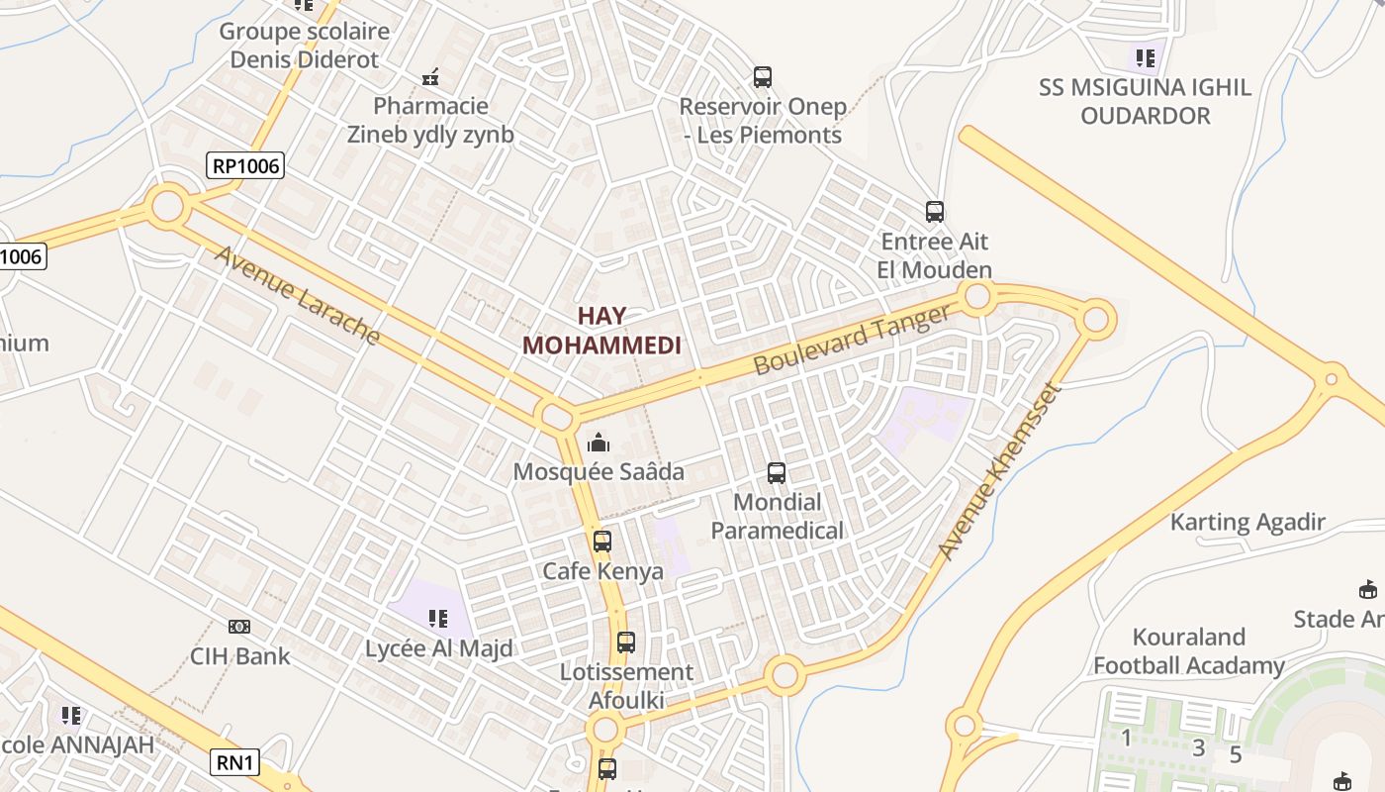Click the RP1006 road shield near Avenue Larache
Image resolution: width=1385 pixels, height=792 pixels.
(245, 165)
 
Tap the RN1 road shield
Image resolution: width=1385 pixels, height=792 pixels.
(235, 762)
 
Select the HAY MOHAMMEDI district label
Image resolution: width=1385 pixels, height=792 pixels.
(602, 331)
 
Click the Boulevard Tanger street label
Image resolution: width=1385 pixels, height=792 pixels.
(852, 340)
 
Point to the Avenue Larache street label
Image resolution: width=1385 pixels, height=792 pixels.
(297, 295)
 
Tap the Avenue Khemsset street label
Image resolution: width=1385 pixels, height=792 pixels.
(999, 471)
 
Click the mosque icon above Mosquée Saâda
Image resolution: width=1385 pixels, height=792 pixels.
(599, 443)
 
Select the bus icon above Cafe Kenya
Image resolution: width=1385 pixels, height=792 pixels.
(602, 542)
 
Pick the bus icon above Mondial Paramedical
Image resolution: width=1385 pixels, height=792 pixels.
(777, 473)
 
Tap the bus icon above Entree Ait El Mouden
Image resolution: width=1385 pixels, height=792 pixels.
(935, 211)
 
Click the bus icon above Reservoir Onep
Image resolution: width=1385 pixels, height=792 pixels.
(762, 76)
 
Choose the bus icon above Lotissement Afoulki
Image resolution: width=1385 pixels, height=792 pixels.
(626, 643)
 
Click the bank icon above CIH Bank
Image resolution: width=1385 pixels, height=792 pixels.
(239, 627)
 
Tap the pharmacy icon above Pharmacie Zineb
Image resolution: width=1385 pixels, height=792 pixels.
(430, 76)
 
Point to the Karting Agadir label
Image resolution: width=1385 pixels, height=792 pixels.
(1247, 522)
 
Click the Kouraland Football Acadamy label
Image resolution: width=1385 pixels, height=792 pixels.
(1188, 650)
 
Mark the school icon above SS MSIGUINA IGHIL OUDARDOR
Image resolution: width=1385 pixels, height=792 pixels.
(1145, 58)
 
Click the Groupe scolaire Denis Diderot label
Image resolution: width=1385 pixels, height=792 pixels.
(304, 45)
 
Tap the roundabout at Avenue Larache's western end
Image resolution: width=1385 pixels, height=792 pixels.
(168, 207)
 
